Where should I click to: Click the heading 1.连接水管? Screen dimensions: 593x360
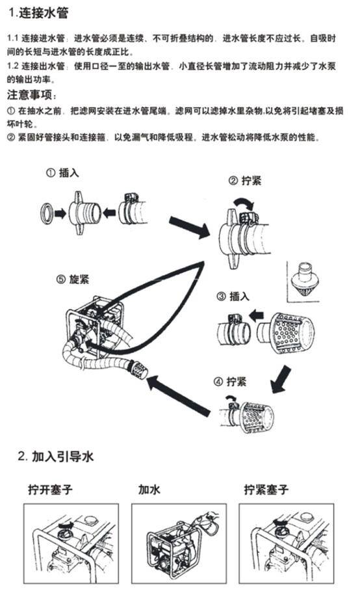click(x=38, y=13)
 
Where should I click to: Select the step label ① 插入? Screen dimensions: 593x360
click(x=64, y=174)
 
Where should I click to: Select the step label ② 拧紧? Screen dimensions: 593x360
click(x=244, y=181)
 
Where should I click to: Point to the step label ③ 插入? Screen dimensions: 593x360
click(x=233, y=296)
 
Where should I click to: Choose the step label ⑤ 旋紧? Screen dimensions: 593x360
click(x=73, y=279)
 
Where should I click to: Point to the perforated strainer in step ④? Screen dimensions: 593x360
click(x=256, y=415)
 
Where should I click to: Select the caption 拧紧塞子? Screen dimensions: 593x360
click(x=266, y=489)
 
